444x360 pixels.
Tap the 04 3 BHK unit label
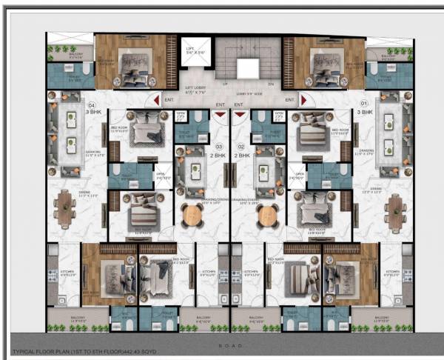(93, 108)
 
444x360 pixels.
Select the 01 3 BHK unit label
(363, 107)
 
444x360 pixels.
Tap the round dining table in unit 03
(192, 215)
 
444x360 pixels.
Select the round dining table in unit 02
(266, 215)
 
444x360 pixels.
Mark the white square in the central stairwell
(249, 68)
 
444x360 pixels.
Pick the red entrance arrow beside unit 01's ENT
(303, 100)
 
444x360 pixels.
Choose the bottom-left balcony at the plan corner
(78, 319)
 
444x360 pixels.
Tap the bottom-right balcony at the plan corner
(382, 319)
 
